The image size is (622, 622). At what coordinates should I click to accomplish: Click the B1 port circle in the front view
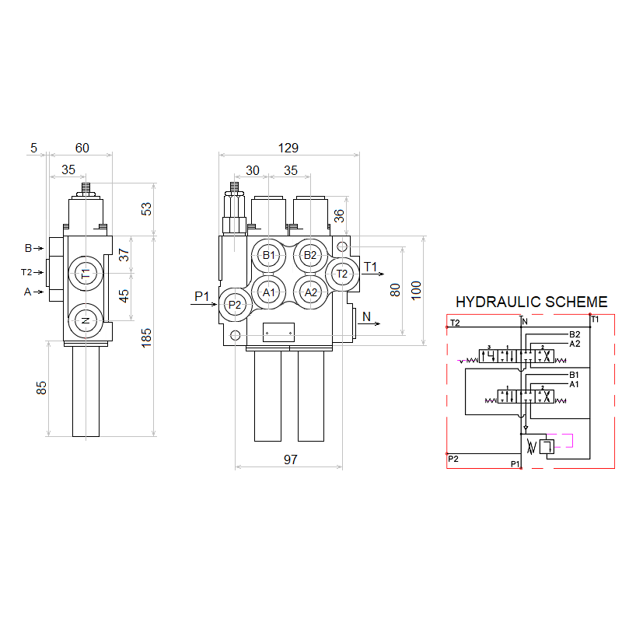click(x=269, y=255)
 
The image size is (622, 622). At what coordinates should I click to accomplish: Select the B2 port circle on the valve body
click(x=310, y=255)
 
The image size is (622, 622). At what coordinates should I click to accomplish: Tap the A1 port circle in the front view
click(x=269, y=292)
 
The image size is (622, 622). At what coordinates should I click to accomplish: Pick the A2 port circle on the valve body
click(x=311, y=292)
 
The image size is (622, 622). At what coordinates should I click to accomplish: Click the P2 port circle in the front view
click(x=236, y=305)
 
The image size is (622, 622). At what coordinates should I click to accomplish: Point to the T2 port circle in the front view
click(x=342, y=273)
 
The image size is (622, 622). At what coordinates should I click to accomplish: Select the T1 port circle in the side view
click(x=86, y=273)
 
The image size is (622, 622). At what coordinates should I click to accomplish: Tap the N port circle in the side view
click(x=86, y=320)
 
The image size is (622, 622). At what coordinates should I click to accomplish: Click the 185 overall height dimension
click(x=147, y=337)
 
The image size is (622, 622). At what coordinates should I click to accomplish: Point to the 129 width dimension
click(x=288, y=148)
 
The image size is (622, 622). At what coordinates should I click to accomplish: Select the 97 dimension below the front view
click(x=290, y=460)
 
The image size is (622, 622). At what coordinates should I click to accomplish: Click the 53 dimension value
click(x=147, y=208)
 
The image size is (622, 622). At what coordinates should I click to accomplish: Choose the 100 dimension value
click(x=416, y=289)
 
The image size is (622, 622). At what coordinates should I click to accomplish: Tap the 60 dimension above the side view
click(x=82, y=148)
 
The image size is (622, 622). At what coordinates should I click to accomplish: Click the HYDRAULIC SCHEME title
click(x=531, y=302)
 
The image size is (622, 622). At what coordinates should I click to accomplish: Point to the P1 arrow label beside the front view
click(x=202, y=295)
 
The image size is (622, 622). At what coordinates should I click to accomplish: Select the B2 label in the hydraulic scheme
click(x=575, y=334)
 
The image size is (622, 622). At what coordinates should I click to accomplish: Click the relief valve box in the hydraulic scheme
click(x=545, y=446)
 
